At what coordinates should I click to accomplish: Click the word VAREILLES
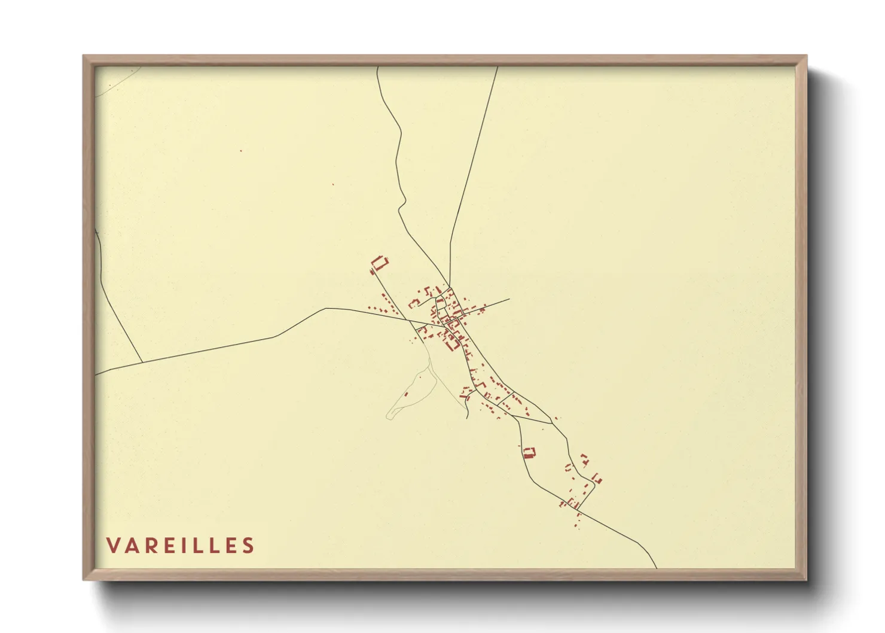click(x=180, y=546)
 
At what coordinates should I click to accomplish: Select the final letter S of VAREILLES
click(x=248, y=546)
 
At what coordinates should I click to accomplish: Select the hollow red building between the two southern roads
click(x=529, y=452)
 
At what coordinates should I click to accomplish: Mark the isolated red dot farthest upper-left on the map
click(x=241, y=151)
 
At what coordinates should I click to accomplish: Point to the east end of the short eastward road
click(x=509, y=299)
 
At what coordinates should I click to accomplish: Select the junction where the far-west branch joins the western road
click(x=142, y=363)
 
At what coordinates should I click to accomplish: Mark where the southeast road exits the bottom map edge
click(x=657, y=568)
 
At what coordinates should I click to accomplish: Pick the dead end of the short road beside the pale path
click(x=467, y=418)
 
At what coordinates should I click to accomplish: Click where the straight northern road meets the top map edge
click(x=498, y=67)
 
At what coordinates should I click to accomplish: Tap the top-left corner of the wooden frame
click(x=84, y=56)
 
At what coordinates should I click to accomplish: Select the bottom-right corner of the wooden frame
click(x=806, y=579)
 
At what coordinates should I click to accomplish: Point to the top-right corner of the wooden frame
click(x=806, y=56)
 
